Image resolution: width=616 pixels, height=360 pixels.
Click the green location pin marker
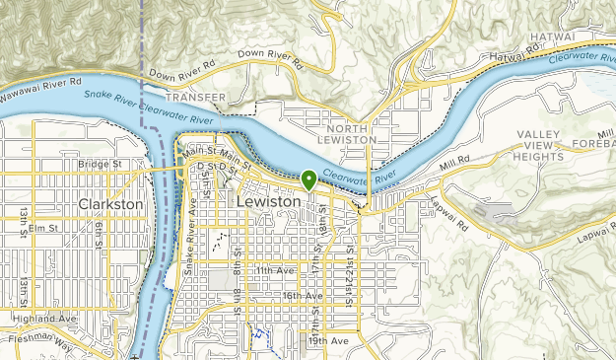[309, 180]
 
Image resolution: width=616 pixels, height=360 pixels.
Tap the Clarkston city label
[110, 204]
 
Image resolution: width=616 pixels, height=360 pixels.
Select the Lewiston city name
[268, 200]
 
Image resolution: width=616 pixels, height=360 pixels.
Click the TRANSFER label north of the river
[196, 98]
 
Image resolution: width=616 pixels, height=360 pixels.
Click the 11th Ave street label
[275, 269]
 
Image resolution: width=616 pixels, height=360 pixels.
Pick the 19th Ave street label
[327, 340]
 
